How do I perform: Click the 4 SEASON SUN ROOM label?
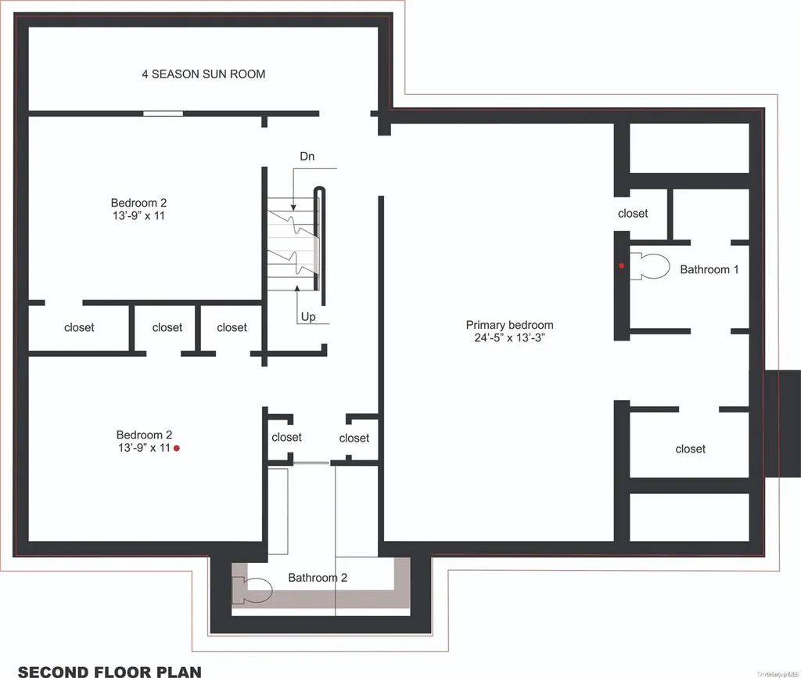pos(203,74)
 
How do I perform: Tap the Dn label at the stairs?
pos(307,156)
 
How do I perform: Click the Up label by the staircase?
pos(308,316)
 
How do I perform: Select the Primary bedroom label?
pos(509,325)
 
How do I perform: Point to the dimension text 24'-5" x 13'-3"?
pos(509,337)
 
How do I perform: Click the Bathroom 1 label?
pos(709,269)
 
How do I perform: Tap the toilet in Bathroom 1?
pos(649,266)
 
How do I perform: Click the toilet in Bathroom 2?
pos(253,590)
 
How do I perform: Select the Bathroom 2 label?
pos(318,577)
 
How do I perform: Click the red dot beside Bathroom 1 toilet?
pos(622,265)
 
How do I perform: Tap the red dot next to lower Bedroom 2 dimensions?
pos(177,449)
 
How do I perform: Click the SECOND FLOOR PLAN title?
pos(110,671)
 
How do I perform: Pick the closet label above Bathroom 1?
pos(633,213)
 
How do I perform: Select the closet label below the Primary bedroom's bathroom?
pos(690,449)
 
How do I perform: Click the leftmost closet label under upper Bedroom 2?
pos(79,327)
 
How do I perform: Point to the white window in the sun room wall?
pos(163,114)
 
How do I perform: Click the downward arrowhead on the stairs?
pos(293,207)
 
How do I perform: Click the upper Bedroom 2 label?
pos(138,203)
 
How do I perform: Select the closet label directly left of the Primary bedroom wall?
pos(354,438)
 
